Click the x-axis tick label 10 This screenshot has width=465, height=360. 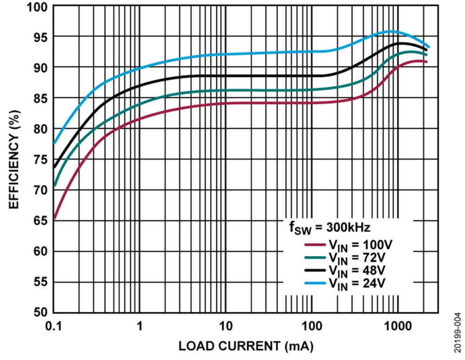pyautogui.click(x=226, y=326)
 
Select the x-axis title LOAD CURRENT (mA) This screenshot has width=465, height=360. pyautogui.click(x=245, y=346)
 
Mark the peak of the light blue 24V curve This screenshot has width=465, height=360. pyautogui.click(x=390, y=31)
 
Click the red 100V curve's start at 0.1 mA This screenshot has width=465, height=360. pyautogui.click(x=54, y=218)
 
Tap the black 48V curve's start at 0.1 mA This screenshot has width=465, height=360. pyautogui.click(x=54, y=167)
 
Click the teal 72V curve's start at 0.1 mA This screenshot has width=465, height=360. pyautogui.click(x=54, y=185)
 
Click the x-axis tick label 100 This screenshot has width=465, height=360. pyautogui.click(x=312, y=326)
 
